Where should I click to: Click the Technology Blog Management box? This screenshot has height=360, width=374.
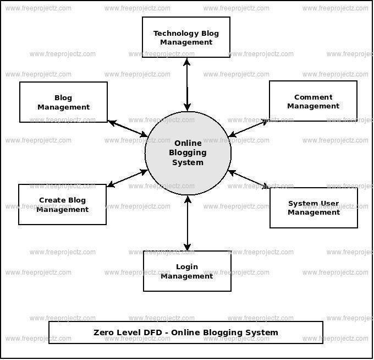click(x=186, y=37)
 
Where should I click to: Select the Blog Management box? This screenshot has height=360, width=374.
click(x=63, y=102)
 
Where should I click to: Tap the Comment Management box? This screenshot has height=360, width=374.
click(x=313, y=101)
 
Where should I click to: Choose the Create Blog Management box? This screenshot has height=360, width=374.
click(x=62, y=204)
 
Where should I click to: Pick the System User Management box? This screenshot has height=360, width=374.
click(x=313, y=208)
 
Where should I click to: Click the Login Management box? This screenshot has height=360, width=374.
click(x=187, y=271)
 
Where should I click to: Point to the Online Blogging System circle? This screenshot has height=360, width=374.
click(x=188, y=153)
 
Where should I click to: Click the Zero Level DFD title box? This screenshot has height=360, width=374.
click(x=186, y=332)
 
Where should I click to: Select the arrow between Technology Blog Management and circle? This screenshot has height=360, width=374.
click(x=187, y=85)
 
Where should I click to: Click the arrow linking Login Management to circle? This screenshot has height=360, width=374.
click(x=188, y=223)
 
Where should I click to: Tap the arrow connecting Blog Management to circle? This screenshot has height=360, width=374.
click(x=128, y=129)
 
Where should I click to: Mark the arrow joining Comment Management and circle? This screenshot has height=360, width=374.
click(x=249, y=128)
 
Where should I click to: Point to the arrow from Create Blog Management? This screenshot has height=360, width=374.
click(x=127, y=178)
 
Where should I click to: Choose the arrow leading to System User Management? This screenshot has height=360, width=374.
click(x=249, y=179)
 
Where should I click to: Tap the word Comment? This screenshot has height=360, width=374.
click(x=313, y=97)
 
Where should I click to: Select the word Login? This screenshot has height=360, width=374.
click(x=187, y=267)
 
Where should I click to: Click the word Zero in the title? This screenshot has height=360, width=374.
click(x=103, y=332)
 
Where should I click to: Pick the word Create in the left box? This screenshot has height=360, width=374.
click(x=50, y=200)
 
